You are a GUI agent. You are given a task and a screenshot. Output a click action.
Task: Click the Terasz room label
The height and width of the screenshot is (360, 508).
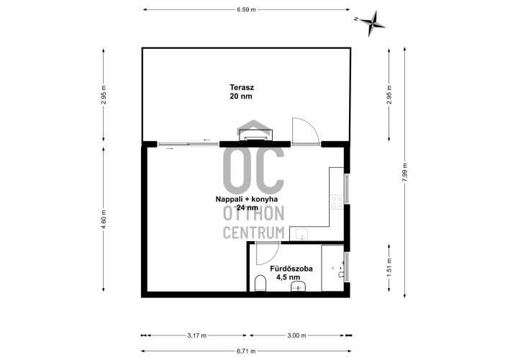(242, 87)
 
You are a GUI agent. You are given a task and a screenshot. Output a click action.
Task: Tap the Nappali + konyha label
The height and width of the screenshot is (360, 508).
(247, 199)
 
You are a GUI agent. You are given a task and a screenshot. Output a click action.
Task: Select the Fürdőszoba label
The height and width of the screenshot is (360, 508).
(291, 269)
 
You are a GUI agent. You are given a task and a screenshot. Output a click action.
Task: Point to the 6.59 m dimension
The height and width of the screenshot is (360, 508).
(246, 10)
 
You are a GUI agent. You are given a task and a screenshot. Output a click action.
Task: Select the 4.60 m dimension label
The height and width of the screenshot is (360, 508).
(104, 220)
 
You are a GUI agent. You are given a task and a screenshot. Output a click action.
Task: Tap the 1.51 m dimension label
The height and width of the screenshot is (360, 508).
(389, 267)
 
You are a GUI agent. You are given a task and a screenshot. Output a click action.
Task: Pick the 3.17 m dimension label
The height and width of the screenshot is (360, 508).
(196, 336)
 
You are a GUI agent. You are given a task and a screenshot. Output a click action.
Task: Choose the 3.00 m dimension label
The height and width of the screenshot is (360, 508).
(296, 336)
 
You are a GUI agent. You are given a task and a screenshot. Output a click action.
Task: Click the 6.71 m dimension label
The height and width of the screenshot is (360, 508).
(246, 351)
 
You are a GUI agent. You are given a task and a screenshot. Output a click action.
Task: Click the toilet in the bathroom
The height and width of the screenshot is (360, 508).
(260, 283)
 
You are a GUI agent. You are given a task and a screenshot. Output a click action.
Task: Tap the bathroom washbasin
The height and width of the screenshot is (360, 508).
(299, 286)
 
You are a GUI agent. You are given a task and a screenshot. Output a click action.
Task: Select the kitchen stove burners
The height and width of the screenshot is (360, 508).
(337, 202)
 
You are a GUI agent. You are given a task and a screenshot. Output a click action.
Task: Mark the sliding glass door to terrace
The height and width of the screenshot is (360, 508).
(189, 144)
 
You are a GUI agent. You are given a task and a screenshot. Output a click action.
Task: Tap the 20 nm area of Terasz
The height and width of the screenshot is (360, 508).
(241, 96)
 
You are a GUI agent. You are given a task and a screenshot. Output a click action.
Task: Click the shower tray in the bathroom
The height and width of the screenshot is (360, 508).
(332, 268)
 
